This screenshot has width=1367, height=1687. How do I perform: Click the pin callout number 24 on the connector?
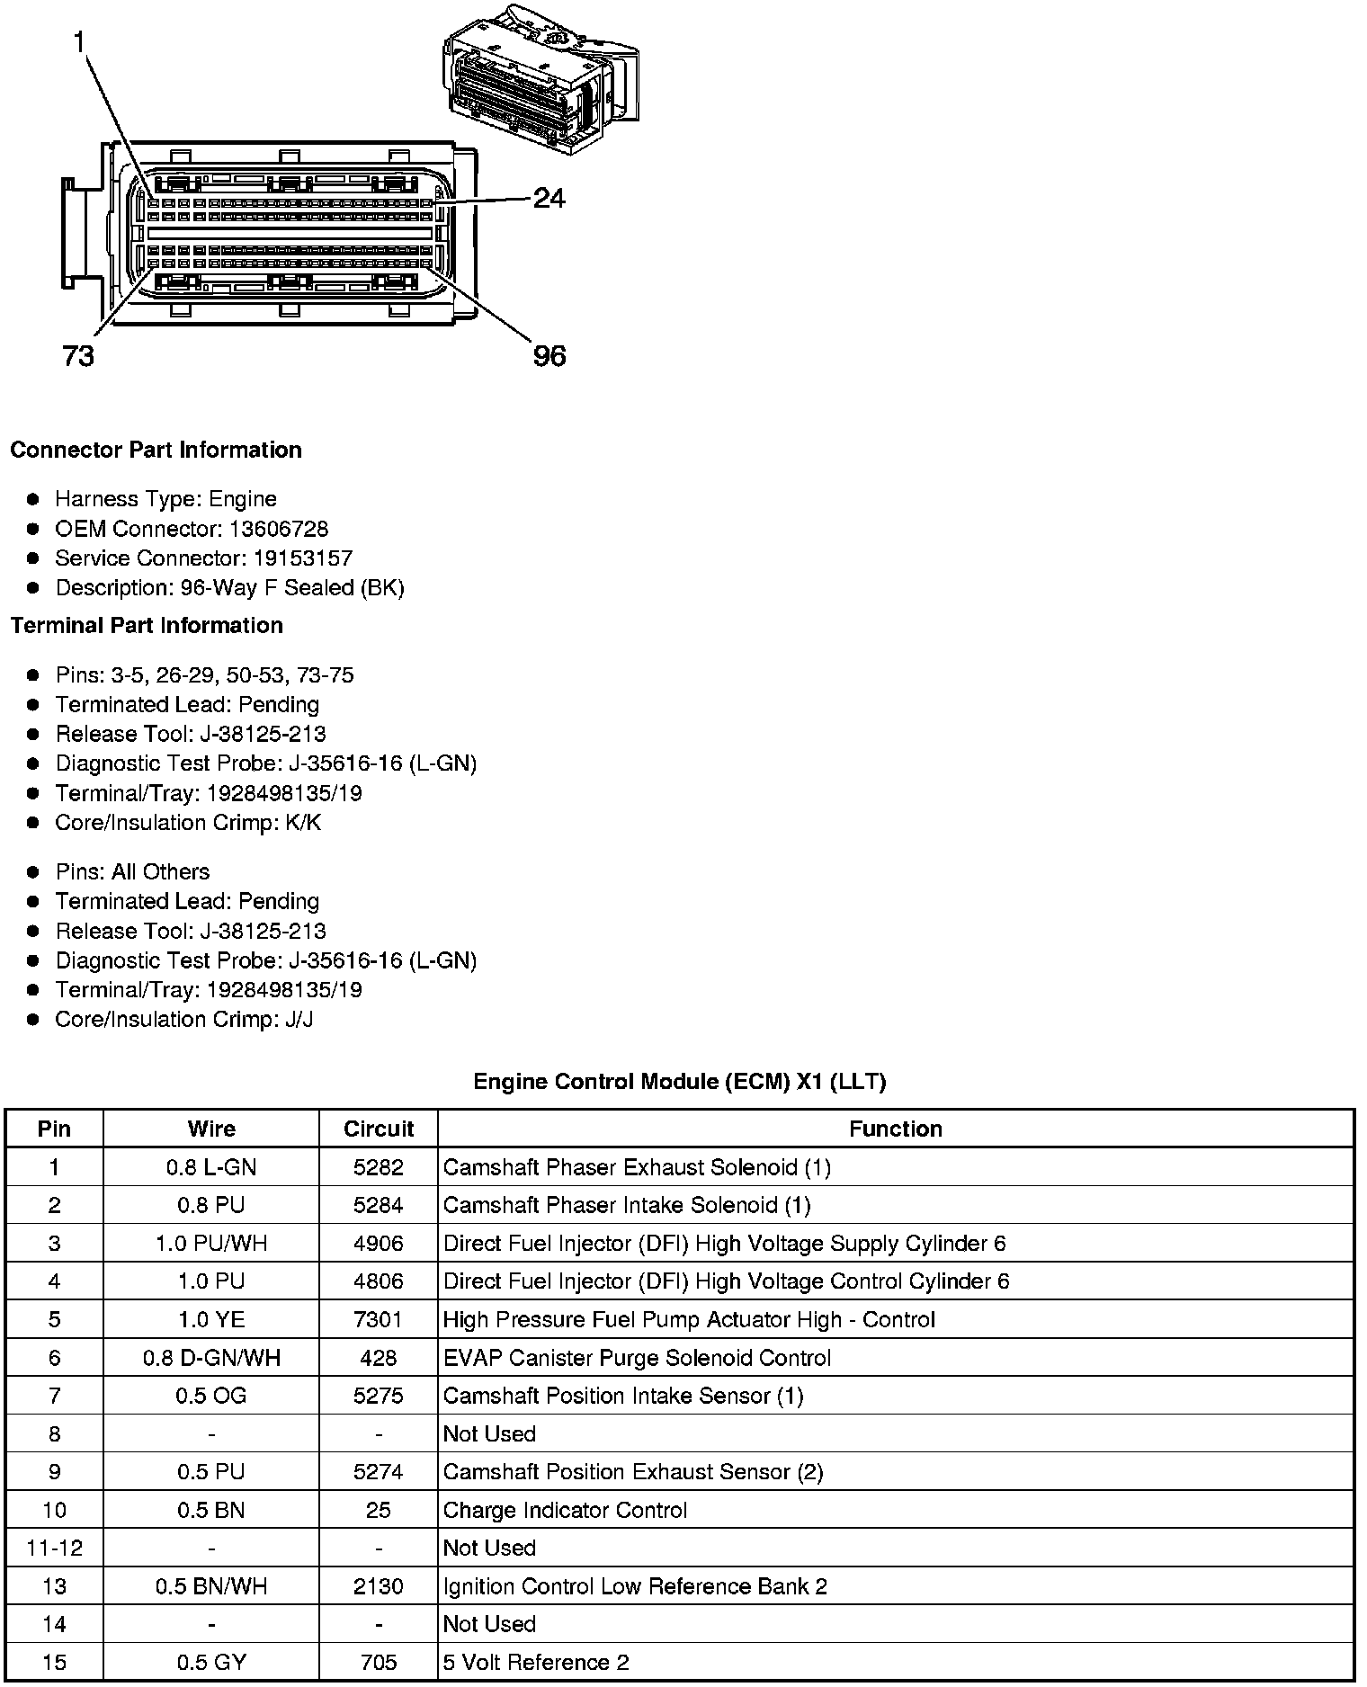click(x=549, y=198)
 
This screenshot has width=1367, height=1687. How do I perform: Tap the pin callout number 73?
click(x=78, y=357)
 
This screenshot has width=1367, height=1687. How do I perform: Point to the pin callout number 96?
click(x=549, y=357)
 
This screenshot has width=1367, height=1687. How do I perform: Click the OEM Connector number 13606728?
click(x=279, y=529)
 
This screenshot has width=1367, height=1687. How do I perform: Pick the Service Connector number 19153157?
click(x=302, y=558)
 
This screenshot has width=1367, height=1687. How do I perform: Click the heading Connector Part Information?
click(x=156, y=450)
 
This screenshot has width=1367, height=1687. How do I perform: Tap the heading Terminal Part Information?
click(x=147, y=626)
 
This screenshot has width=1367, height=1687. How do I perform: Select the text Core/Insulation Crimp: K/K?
click(x=188, y=823)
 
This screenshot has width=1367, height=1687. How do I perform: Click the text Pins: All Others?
click(x=132, y=872)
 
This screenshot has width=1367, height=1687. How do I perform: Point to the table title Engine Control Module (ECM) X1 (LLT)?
click(x=679, y=1082)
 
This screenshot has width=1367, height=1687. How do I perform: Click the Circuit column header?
click(x=379, y=1129)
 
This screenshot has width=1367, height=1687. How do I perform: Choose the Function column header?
click(x=896, y=1129)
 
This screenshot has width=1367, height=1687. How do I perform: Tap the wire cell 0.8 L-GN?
click(x=211, y=1168)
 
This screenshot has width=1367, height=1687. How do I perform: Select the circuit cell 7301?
click(x=379, y=1320)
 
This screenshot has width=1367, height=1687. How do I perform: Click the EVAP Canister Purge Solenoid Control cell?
click(x=637, y=1358)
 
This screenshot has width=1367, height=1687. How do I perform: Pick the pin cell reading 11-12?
click(x=55, y=1549)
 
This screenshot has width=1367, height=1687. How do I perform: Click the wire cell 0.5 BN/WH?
click(x=211, y=1586)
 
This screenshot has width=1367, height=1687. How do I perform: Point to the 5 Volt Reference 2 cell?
click(x=536, y=1663)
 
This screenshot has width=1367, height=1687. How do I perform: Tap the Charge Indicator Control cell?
click(x=565, y=1511)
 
